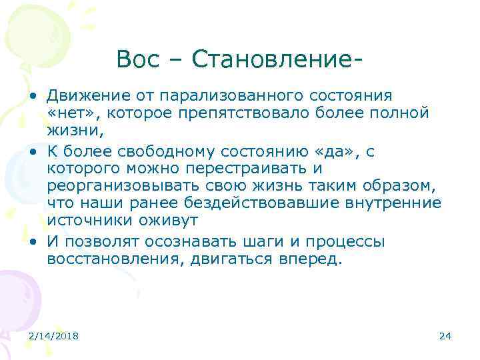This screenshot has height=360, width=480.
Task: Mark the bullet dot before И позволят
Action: (x=32, y=242)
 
